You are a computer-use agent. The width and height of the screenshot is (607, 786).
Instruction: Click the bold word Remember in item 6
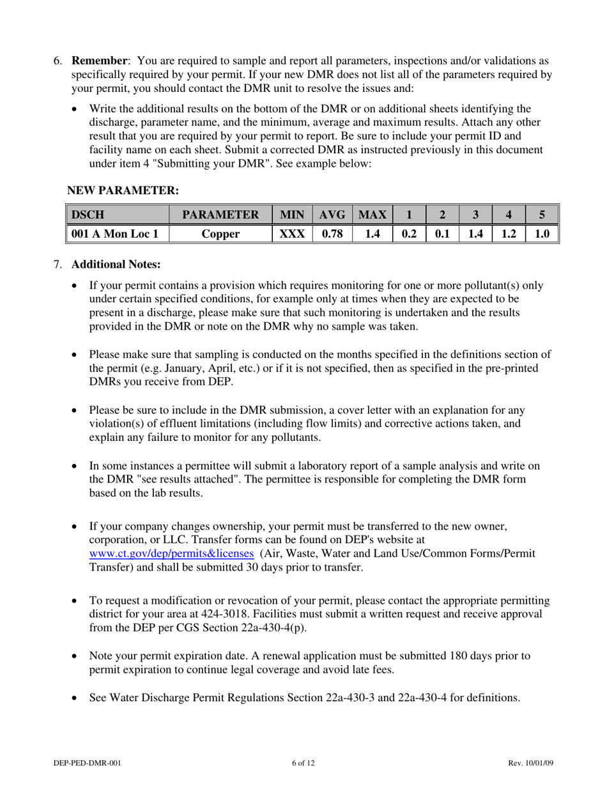(x=100, y=61)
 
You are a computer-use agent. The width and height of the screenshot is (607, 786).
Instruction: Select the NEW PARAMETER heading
(x=123, y=190)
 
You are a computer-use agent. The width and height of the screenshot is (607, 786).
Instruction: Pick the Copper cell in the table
(x=220, y=234)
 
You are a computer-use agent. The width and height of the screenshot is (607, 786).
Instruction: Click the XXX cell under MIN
(x=291, y=234)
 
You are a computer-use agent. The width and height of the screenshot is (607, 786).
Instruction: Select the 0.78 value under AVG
(x=331, y=234)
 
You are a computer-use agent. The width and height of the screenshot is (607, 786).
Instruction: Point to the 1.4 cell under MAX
(x=372, y=234)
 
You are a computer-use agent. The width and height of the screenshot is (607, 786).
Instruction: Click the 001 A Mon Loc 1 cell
(x=115, y=234)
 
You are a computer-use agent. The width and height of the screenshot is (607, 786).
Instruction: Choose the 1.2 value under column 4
(x=508, y=234)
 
